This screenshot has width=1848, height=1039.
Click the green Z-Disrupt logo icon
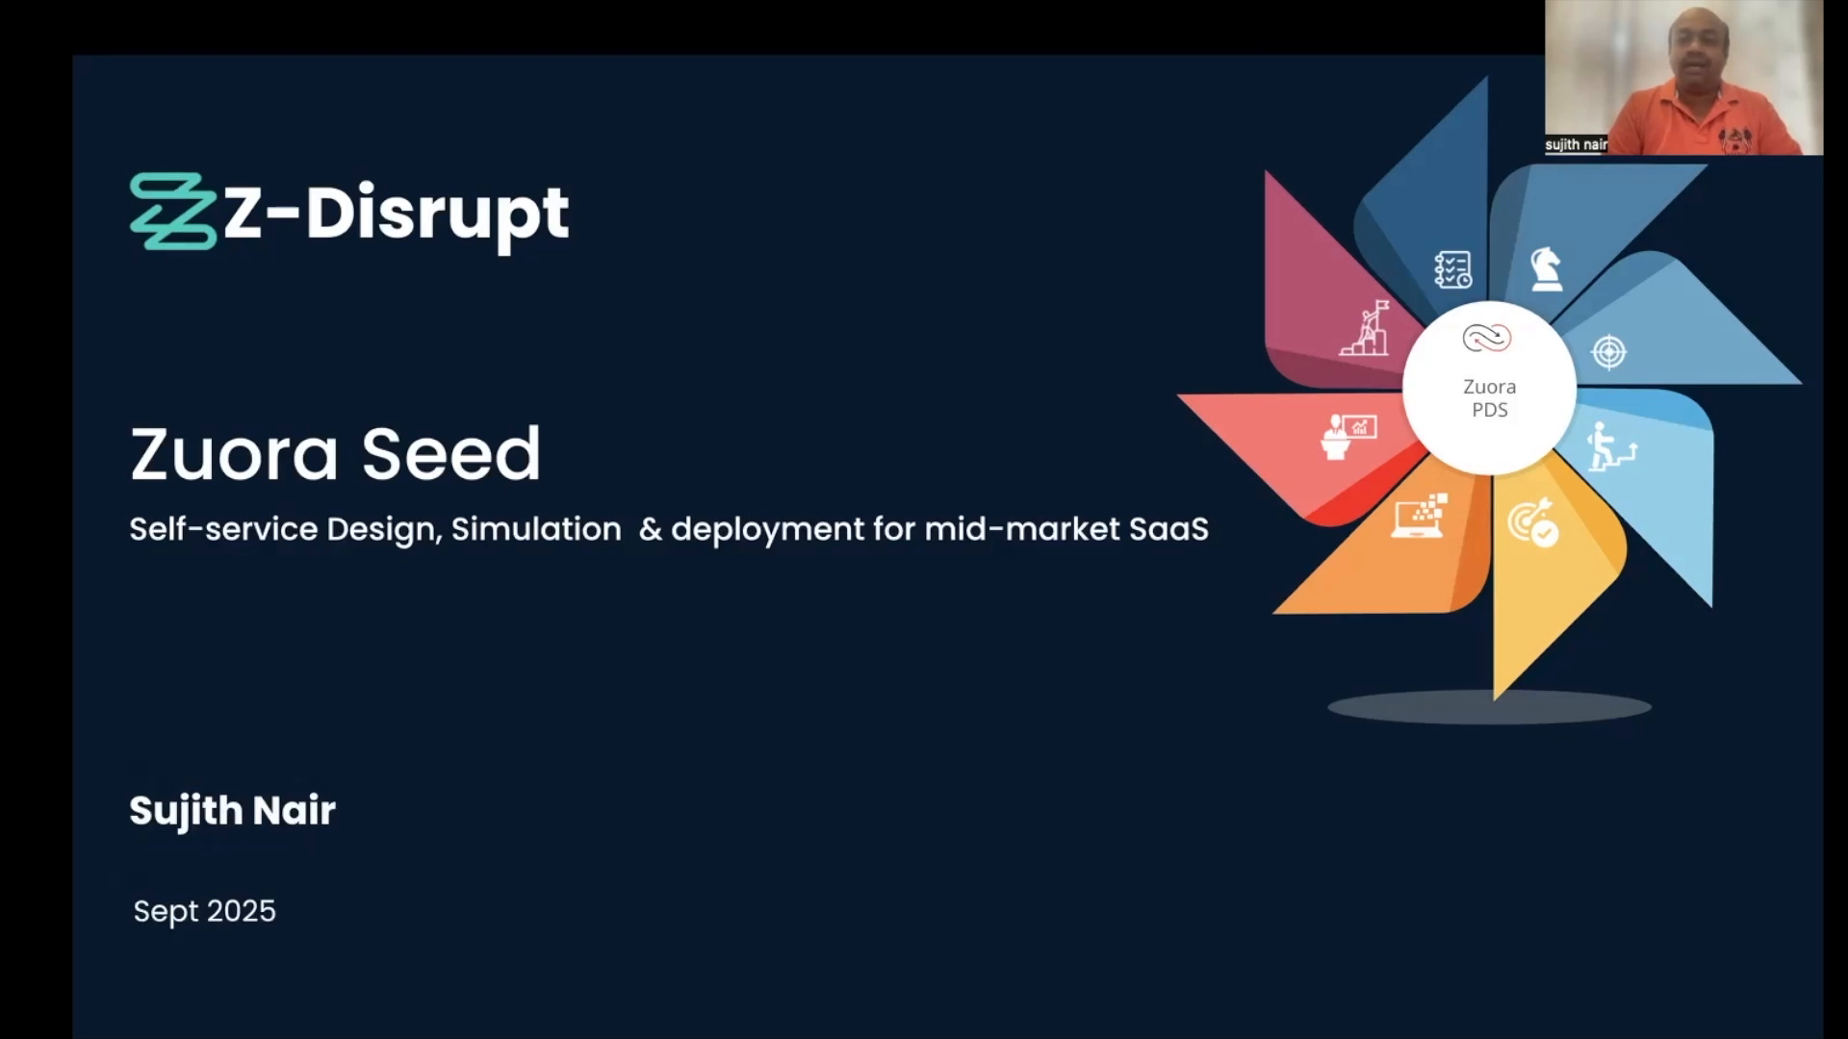(x=173, y=212)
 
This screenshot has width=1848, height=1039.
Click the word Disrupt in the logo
(x=437, y=214)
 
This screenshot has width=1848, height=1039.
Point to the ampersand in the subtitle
(x=651, y=529)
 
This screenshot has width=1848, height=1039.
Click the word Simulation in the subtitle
(x=536, y=529)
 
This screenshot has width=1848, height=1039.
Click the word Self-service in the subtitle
(x=223, y=529)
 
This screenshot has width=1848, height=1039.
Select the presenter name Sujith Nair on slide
(x=233, y=811)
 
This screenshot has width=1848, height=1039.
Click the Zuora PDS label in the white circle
(x=1490, y=398)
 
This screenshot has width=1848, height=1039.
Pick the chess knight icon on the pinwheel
(x=1546, y=269)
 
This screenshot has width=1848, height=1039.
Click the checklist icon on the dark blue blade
(x=1452, y=269)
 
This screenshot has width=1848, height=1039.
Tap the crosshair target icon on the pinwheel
(x=1609, y=352)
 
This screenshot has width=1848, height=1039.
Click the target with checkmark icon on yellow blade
(x=1533, y=522)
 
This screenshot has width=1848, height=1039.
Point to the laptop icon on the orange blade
(x=1420, y=516)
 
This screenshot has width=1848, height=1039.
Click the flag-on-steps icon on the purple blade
(x=1365, y=328)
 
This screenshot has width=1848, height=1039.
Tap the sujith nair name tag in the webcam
(x=1576, y=144)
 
